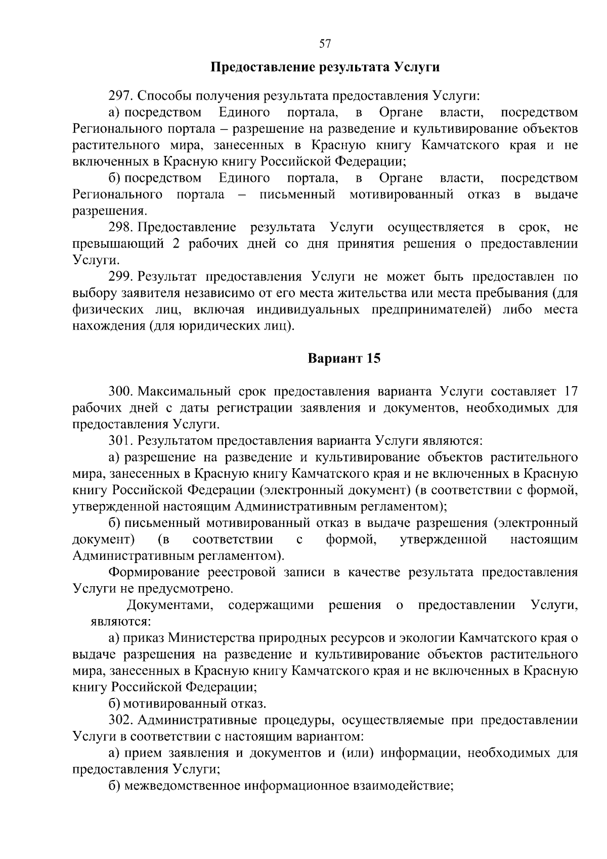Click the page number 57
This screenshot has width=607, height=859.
pos(325,44)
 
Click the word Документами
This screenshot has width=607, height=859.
pos(170,605)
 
